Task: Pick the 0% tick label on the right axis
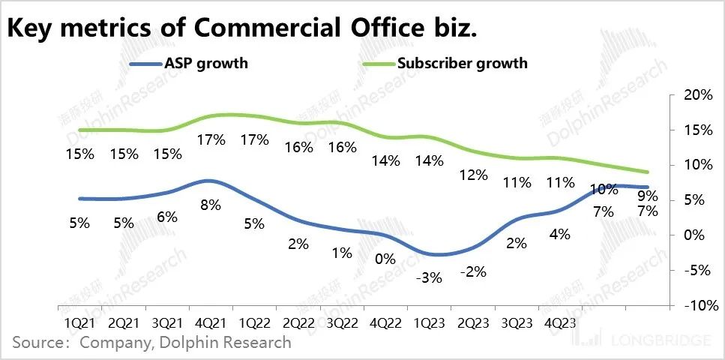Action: pos(697,235)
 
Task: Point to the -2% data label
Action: pos(473,271)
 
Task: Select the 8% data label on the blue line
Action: pos(211,205)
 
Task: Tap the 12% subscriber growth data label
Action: pos(474,175)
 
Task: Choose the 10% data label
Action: pos(604,188)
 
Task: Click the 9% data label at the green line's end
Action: pos(648,196)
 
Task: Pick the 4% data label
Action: pos(560,233)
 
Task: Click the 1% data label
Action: pos(342,253)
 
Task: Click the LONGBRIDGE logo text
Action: pos(660,341)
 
